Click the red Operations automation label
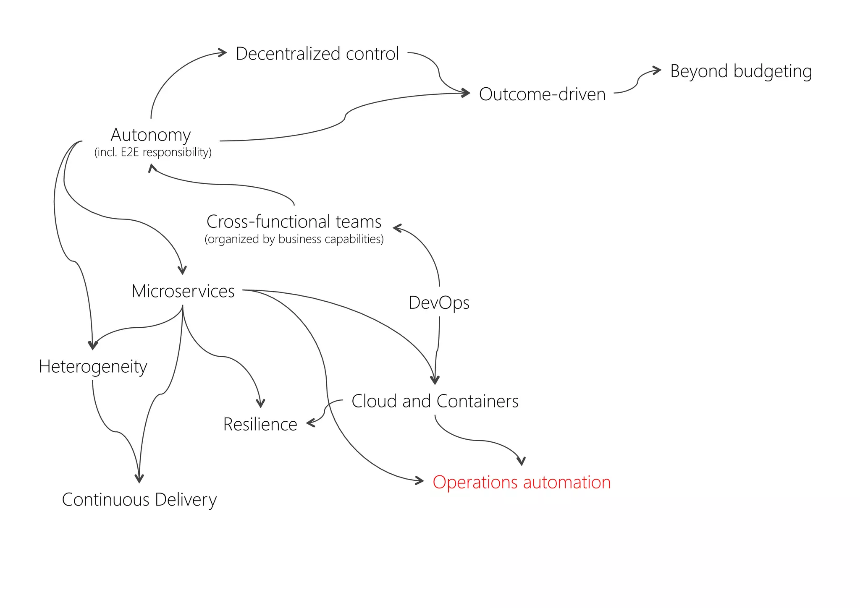[521, 482]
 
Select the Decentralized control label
[317, 54]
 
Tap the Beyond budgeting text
[741, 71]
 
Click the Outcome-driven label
[542, 94]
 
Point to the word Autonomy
[151, 135]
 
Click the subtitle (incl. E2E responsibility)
[153, 152]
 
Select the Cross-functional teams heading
[294, 221]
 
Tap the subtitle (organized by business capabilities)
[294, 239]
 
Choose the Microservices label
[183, 291]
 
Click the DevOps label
[439, 302]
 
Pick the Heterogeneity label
[93, 366]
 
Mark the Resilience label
[260, 424]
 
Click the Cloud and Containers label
[435, 401]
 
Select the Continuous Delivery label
[139, 499]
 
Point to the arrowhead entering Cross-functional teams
[396, 228]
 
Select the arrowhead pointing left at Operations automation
[420, 480]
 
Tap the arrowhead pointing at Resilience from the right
[310, 423]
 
